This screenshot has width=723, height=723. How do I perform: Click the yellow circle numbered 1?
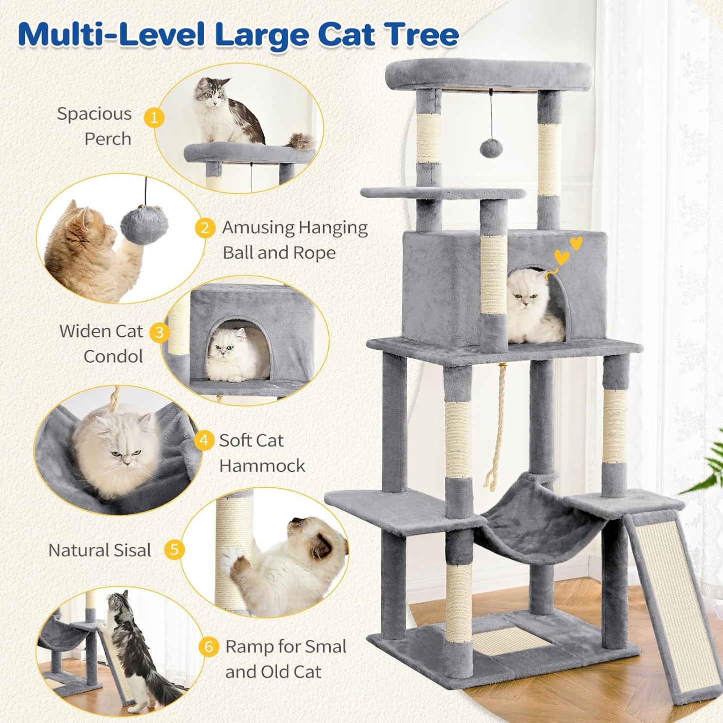[x=154, y=118]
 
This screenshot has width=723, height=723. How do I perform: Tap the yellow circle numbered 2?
[x=205, y=228]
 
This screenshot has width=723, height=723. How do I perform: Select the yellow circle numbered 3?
[x=160, y=333]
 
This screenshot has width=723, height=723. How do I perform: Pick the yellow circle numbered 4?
[x=204, y=441]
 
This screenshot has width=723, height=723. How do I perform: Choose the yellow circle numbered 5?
[x=174, y=550]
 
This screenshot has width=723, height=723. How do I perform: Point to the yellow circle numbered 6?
[x=209, y=647]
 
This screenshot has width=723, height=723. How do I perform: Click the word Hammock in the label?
[x=262, y=466]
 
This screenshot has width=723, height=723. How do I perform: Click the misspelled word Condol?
[x=113, y=357]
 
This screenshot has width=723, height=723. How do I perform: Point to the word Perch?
[x=108, y=139]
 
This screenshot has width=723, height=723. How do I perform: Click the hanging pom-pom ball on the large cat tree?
[x=491, y=148]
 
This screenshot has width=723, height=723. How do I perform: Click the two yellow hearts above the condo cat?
[x=568, y=251]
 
